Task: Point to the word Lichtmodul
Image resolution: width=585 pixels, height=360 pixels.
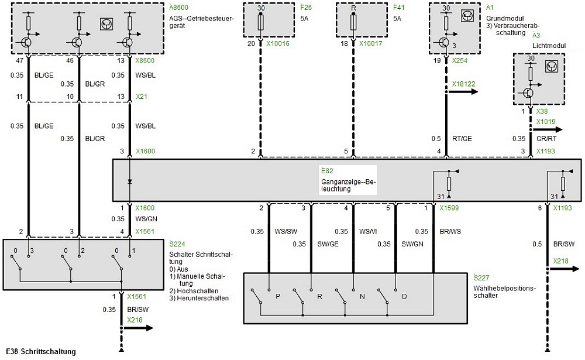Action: pos(546,45)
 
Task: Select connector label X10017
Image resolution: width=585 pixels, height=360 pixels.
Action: pos(371,43)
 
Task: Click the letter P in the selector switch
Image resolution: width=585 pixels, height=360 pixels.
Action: pos(278,296)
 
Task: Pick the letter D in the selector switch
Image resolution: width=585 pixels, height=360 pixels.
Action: pos(404,296)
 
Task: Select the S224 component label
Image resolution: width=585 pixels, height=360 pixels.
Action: pos(177,244)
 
